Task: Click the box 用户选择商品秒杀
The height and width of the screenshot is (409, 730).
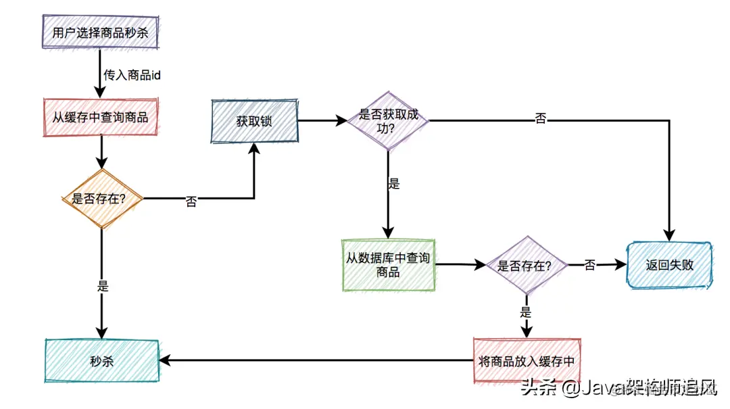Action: (99, 32)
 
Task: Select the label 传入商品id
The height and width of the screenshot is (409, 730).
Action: (132, 75)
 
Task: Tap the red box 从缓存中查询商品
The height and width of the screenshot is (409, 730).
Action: (100, 117)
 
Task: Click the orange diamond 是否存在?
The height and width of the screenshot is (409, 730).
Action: (102, 198)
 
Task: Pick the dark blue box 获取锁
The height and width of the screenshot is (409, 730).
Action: (254, 122)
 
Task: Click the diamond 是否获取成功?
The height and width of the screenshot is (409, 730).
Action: (388, 120)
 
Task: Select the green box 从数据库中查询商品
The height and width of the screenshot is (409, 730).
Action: (388, 264)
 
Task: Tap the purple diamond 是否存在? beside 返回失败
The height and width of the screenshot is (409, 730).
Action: (525, 265)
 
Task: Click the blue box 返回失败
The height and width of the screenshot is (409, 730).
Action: (669, 265)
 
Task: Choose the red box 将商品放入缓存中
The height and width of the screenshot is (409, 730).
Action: (526, 361)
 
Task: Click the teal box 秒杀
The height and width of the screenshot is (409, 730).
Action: (101, 361)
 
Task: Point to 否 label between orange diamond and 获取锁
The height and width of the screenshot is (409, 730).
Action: (191, 201)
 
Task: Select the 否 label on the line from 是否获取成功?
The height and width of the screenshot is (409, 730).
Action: (540, 119)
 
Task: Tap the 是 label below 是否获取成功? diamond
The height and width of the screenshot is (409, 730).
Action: (394, 183)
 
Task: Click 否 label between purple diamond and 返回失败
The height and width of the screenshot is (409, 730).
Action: (589, 265)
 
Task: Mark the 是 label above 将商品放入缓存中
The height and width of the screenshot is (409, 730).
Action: (526, 312)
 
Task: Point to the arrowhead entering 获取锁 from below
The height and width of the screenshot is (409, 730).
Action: (254, 150)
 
